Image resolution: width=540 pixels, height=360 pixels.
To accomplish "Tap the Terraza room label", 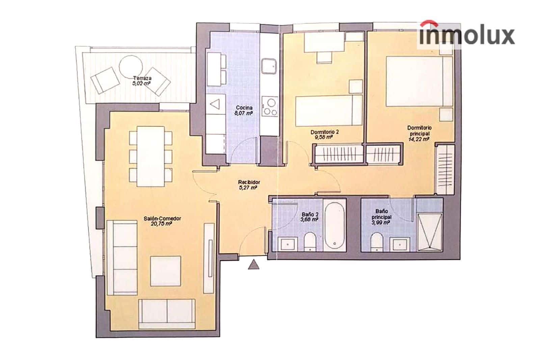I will (142, 78).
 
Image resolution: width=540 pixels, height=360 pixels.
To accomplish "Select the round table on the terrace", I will (131, 66).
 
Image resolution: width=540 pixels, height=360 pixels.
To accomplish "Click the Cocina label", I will (244, 108).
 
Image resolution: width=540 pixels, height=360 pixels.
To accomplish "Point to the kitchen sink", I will (270, 66).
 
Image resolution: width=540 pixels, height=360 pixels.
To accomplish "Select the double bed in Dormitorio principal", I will (419, 81).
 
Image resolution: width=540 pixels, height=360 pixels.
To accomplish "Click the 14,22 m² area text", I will (419, 138).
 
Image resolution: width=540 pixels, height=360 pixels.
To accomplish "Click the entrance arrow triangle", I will (253, 265).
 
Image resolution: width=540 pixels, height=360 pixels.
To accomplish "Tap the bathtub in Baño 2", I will (334, 225).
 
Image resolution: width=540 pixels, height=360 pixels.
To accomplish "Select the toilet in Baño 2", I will (309, 242).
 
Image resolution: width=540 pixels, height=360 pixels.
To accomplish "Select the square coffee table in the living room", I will (165, 271).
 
